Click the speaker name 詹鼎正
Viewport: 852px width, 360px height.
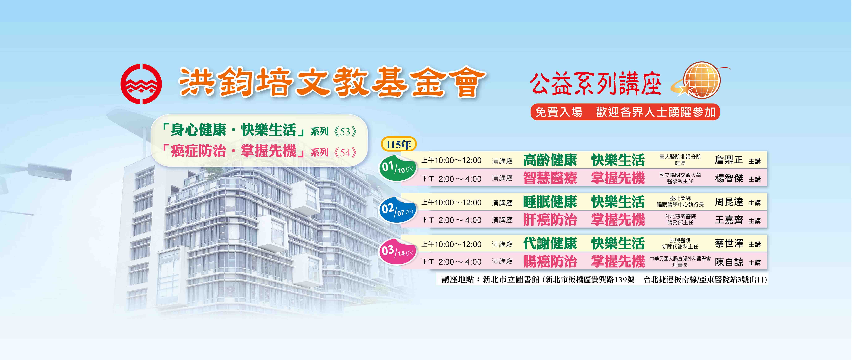coord(729,160)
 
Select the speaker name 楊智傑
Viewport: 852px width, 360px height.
coord(729,179)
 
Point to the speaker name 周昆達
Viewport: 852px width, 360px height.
coord(729,202)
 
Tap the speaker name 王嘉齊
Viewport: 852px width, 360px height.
coord(729,220)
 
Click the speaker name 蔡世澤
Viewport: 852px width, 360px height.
coord(729,244)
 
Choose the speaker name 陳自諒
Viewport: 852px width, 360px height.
coord(729,262)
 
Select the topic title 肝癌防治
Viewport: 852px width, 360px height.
coord(550,220)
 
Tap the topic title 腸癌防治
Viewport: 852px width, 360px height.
coord(550,262)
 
